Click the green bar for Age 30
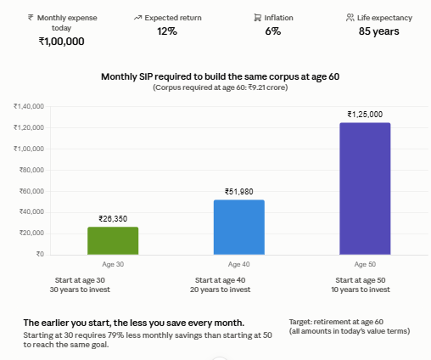[113, 240]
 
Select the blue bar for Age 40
[239, 227]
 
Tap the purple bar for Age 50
[365, 188]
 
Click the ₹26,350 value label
[113, 219]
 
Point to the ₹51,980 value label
[239, 192]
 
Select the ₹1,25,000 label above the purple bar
[365, 115]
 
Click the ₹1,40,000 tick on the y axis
[29, 106]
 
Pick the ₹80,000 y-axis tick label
[31, 170]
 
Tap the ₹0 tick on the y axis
[40, 254]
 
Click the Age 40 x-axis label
[239, 264]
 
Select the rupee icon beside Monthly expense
[31, 18]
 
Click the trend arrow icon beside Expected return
[137, 18]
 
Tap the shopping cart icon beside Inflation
[258, 18]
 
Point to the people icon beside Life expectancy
[350, 18]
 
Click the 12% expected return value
[167, 31]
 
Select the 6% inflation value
[273, 31]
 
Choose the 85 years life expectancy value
[379, 31]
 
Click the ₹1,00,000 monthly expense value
[62, 42]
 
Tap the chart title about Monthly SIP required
[221, 76]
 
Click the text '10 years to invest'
[361, 290]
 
